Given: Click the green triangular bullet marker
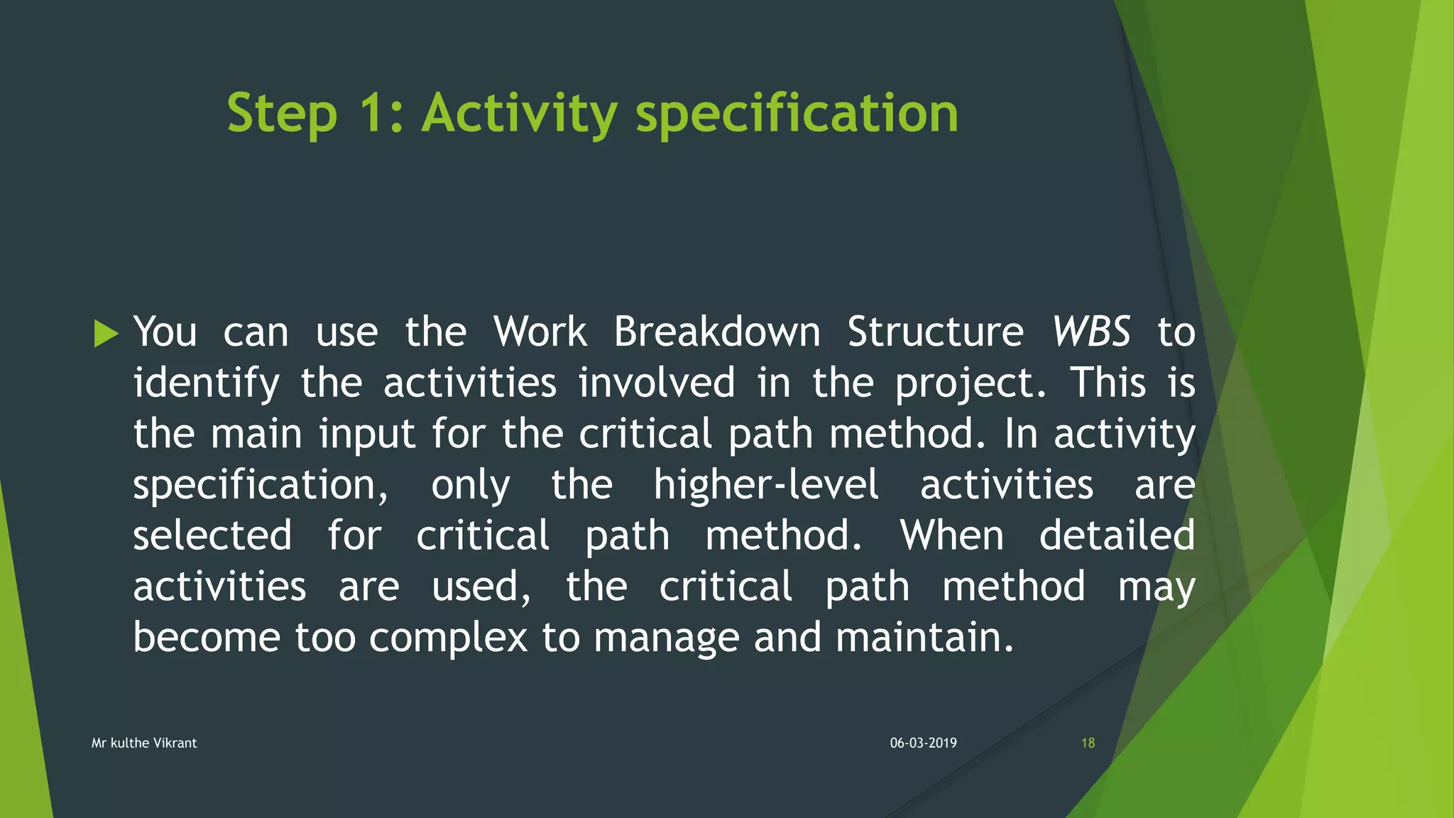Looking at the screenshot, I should [106, 333].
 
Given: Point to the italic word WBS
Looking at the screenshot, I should [1090, 332].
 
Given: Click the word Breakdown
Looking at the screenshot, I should [716, 332].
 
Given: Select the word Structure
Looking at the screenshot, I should [935, 332].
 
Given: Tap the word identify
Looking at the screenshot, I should [207, 383].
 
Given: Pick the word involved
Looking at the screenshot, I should [656, 383].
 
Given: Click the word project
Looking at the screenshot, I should [970, 383].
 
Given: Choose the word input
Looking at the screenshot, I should [366, 435].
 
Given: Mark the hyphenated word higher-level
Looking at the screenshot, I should [765, 485].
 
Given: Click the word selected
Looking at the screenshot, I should [212, 535].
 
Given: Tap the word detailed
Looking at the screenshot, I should [1117, 535].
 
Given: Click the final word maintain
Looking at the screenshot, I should [924, 637].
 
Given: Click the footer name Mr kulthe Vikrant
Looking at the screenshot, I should [144, 743].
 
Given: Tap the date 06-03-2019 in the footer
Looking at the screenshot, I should [923, 743].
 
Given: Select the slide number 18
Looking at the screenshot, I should [1088, 743].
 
